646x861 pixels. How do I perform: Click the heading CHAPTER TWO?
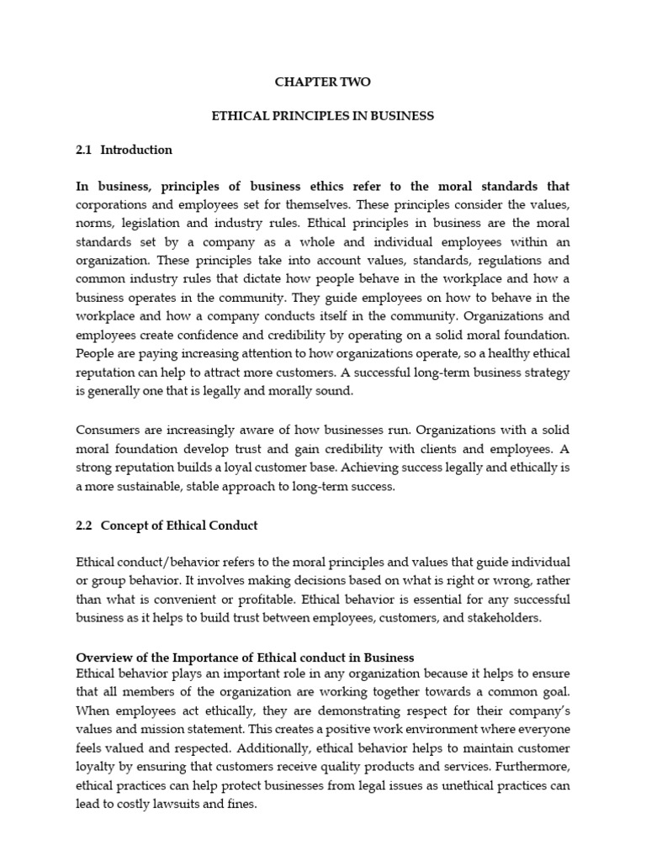(322, 82)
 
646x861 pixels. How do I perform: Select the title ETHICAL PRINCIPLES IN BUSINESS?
(322, 116)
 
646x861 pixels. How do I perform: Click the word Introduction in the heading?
(136, 150)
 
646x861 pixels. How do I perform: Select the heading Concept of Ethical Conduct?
(179, 526)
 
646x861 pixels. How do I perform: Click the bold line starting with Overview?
(245, 656)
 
